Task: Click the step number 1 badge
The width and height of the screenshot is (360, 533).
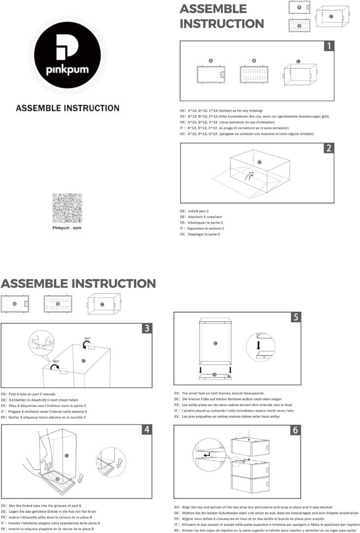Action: click(329, 46)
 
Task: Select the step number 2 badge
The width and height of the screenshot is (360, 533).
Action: click(329, 148)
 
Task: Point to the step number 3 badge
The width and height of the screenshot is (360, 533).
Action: click(147, 329)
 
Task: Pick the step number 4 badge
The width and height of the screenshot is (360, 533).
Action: click(147, 429)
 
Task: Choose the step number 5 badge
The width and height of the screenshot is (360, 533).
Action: click(295, 317)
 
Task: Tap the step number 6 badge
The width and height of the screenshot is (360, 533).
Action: click(295, 430)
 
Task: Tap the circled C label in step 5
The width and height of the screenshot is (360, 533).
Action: click(215, 343)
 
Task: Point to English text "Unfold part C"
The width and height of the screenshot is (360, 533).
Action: click(195, 211)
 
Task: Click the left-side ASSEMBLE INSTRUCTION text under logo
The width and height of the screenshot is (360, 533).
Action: click(68, 108)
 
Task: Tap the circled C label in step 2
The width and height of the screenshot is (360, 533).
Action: click(259, 162)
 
